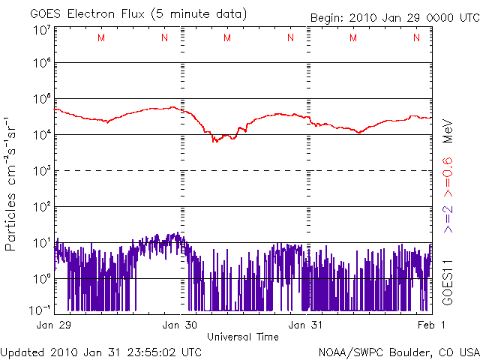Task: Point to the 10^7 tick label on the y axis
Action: coord(41,30)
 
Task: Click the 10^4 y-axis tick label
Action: coord(41,134)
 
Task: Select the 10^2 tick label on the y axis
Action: coord(41,206)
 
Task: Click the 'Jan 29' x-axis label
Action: coord(55,325)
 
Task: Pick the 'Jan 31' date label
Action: coord(307,325)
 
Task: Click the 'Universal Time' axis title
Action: coord(242,337)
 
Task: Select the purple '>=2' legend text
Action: coord(447,217)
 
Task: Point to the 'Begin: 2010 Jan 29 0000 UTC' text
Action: coord(394,17)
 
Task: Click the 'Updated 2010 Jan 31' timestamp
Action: coord(101,351)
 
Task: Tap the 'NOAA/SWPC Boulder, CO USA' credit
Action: coord(397,351)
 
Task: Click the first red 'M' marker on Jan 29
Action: coord(101,38)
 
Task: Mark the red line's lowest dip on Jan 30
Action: coord(215,140)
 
